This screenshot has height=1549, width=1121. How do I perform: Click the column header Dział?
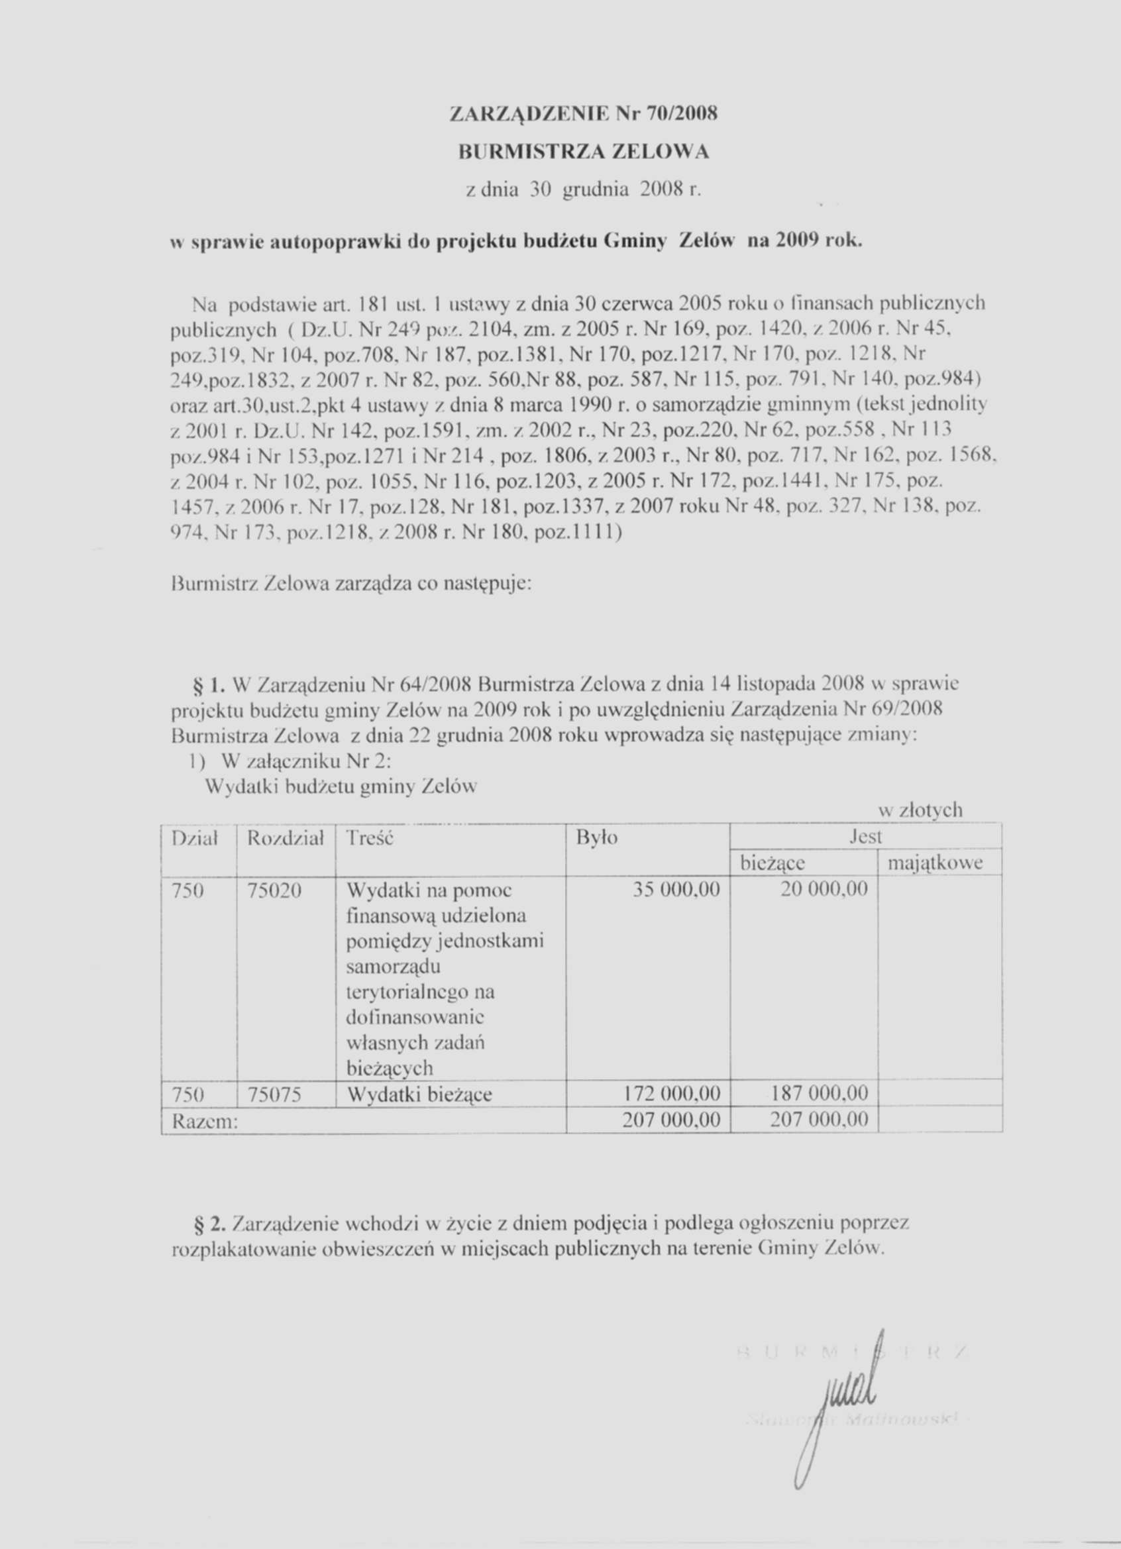click(x=194, y=837)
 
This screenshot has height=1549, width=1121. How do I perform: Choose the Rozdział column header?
click(x=284, y=837)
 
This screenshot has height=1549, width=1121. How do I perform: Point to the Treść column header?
click(x=370, y=837)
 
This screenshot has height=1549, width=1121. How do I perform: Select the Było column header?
click(x=597, y=837)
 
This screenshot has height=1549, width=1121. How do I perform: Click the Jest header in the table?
click(x=865, y=837)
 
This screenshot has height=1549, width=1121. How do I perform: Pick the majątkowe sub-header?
click(x=935, y=863)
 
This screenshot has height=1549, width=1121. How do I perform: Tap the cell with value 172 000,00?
click(x=672, y=1094)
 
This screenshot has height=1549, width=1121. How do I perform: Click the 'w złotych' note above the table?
click(x=920, y=810)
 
